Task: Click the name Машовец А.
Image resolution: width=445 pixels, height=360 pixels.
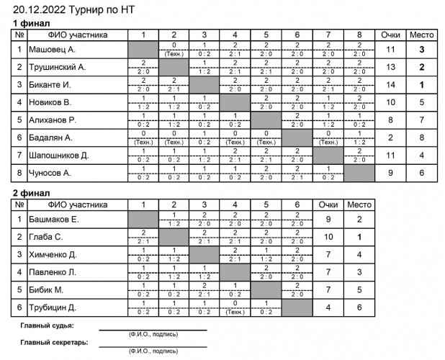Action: click(x=52, y=50)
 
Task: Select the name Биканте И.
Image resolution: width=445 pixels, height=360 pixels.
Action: click(x=51, y=84)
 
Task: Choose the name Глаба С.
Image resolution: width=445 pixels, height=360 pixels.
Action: click(x=45, y=235)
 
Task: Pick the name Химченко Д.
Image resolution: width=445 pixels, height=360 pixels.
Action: click(x=53, y=253)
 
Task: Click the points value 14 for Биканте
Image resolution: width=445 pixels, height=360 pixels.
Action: click(x=391, y=84)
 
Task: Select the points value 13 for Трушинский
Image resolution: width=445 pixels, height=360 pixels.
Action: click(x=391, y=67)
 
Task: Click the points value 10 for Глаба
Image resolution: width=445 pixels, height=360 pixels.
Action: click(x=328, y=235)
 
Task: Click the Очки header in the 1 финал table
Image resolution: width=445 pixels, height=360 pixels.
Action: click(x=391, y=34)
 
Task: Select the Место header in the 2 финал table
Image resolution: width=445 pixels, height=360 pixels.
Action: click(x=359, y=204)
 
